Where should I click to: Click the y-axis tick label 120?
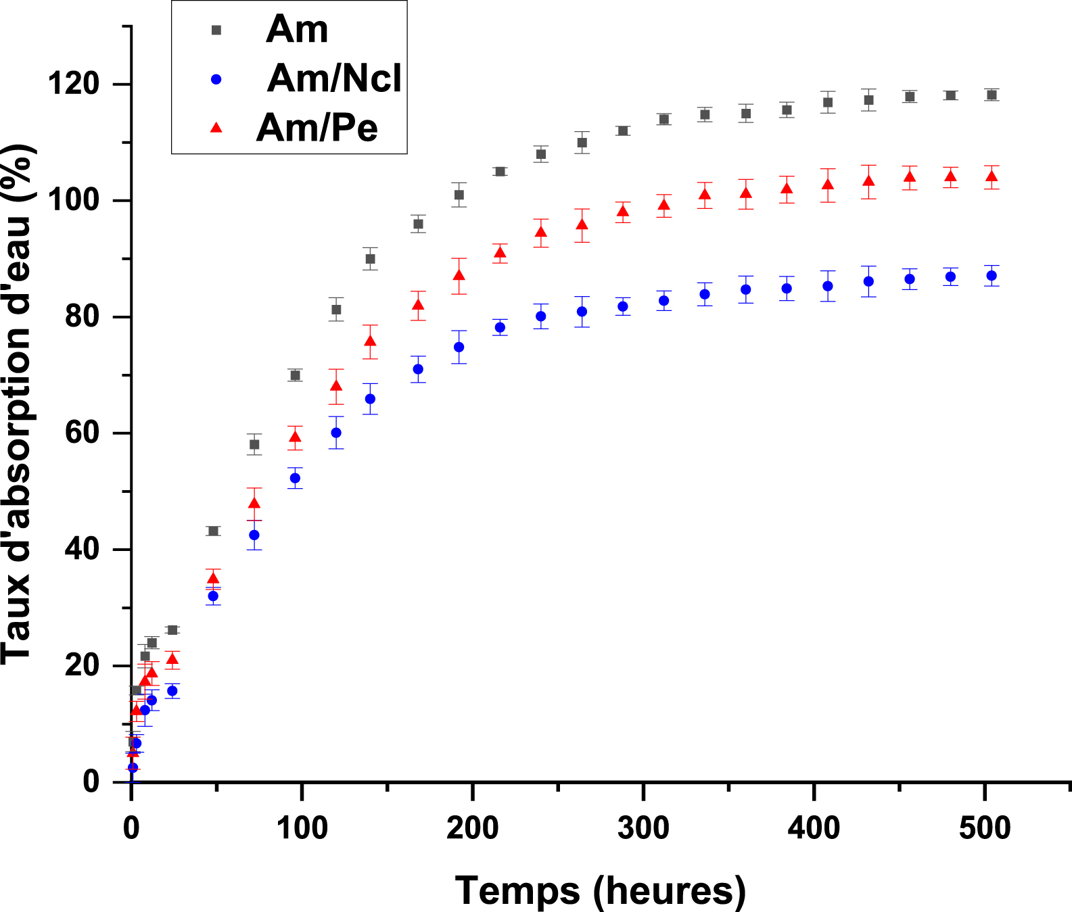click(74, 85)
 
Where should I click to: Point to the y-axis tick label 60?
click(83, 433)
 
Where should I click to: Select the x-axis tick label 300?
click(643, 827)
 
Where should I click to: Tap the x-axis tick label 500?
click(985, 827)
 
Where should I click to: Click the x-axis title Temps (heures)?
click(601, 890)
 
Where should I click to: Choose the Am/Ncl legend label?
click(334, 78)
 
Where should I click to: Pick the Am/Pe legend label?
click(317, 127)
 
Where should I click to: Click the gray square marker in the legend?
click(216, 30)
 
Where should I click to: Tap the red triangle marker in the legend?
click(216, 127)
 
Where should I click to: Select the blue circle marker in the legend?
click(216, 79)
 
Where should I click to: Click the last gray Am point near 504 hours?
click(992, 95)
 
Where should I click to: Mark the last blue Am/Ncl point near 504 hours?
click(992, 276)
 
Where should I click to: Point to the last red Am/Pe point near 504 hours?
click(992, 177)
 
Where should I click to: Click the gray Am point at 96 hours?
click(295, 375)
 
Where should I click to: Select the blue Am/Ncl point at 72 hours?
click(254, 535)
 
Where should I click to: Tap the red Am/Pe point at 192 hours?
click(459, 275)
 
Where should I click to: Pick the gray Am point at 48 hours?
click(213, 531)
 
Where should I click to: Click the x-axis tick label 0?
click(131, 827)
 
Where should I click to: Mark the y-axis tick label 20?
click(83, 666)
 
